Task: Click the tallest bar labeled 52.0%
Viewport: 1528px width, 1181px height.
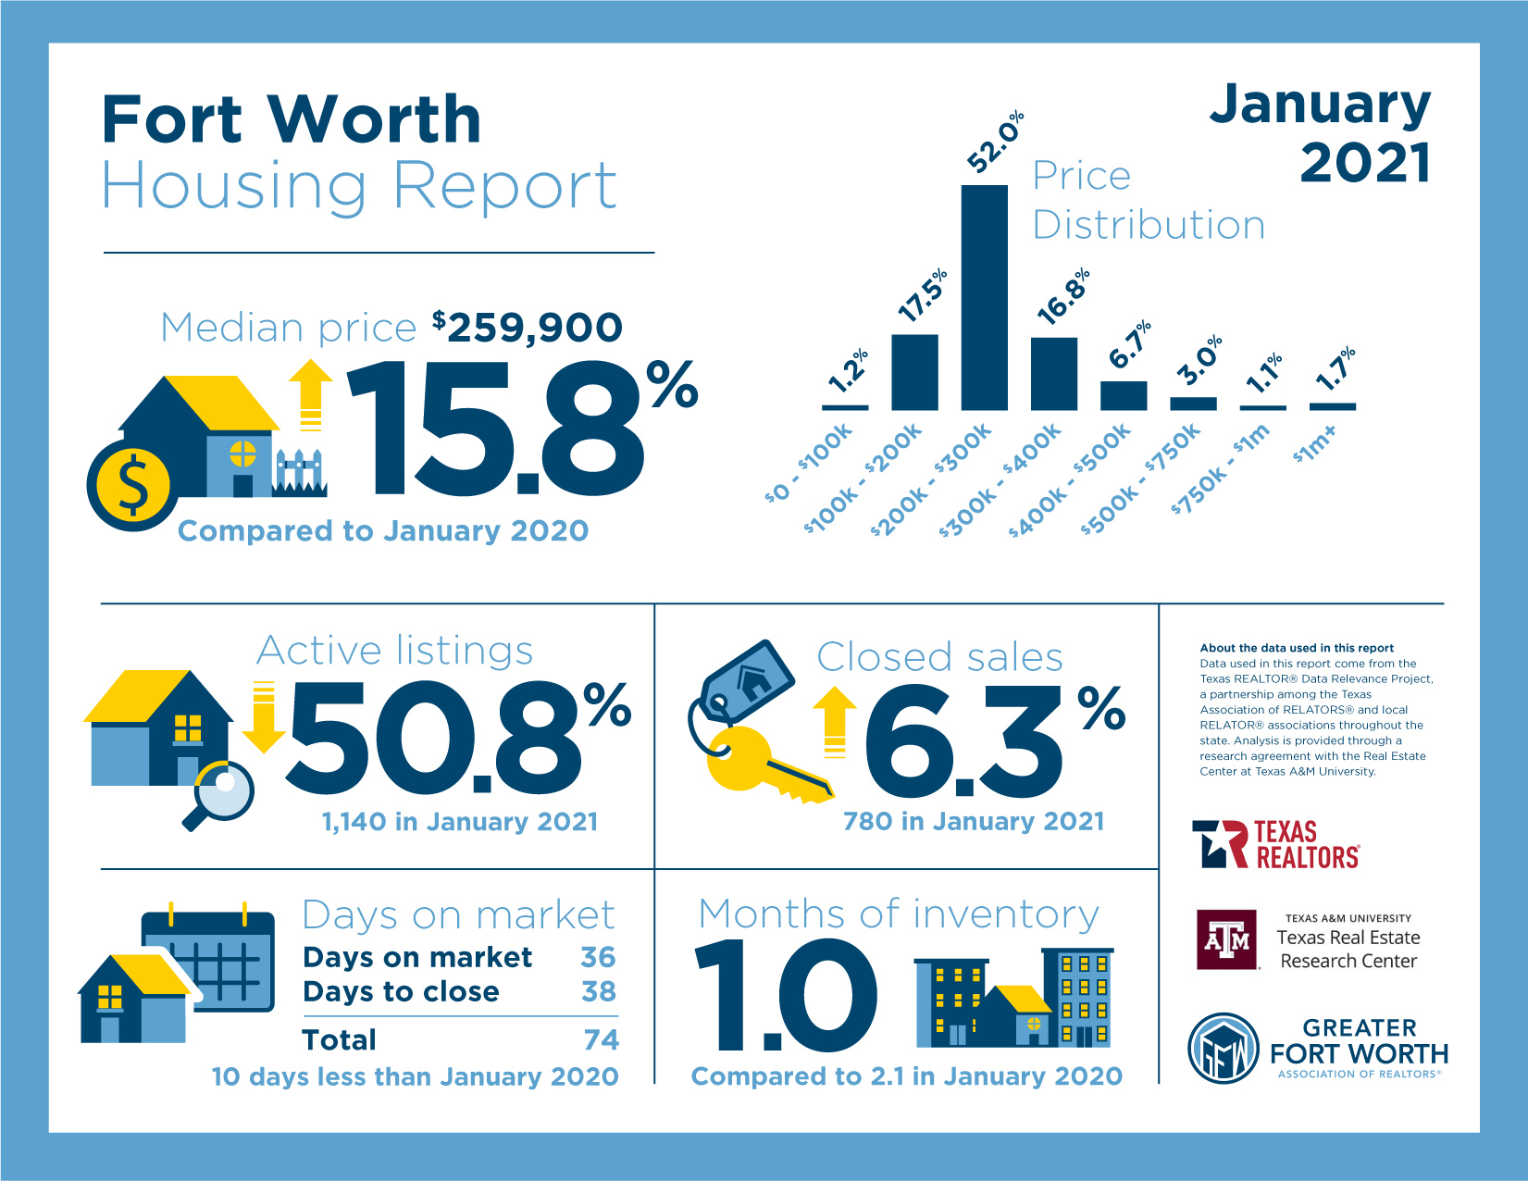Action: pos(984,297)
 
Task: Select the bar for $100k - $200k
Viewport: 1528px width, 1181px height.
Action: pos(914,372)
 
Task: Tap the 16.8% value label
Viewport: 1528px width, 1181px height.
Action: pos(1062,297)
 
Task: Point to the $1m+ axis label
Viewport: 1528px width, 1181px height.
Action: pos(1315,443)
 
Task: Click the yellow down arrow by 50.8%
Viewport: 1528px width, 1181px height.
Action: pos(264,716)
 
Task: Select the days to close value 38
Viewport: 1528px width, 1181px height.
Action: pos(599,991)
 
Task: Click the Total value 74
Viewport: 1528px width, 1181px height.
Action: pos(601,1039)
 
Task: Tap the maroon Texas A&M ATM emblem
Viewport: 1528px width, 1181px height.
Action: pos(1226,939)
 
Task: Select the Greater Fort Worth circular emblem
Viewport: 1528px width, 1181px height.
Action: pos(1224,1049)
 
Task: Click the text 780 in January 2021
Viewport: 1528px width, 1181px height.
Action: pos(973,822)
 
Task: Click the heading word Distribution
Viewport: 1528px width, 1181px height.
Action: pos(1148,225)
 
